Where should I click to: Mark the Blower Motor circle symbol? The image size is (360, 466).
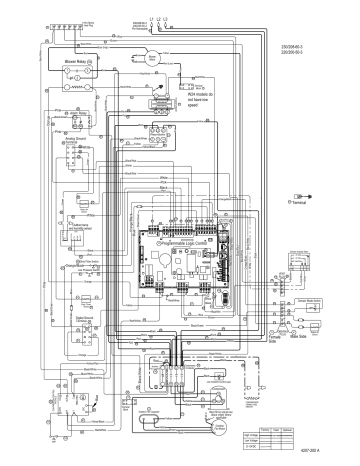pyautogui.click(x=150, y=58)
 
